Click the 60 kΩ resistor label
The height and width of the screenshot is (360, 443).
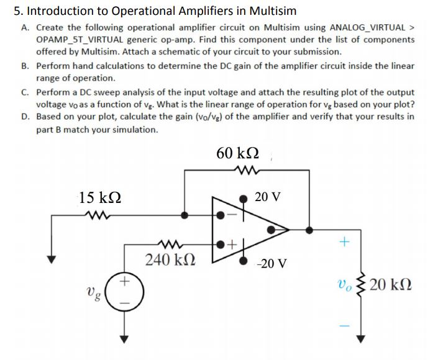(x=238, y=153)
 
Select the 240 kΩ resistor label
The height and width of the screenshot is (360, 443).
(x=169, y=259)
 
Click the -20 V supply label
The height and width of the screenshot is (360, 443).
(x=272, y=263)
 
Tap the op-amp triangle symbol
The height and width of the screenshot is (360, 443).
(x=249, y=230)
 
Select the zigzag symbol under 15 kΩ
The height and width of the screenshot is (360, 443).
(x=98, y=216)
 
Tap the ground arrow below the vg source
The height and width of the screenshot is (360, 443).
(x=124, y=338)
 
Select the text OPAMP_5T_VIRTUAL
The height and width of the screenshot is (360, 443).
(x=77, y=39)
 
